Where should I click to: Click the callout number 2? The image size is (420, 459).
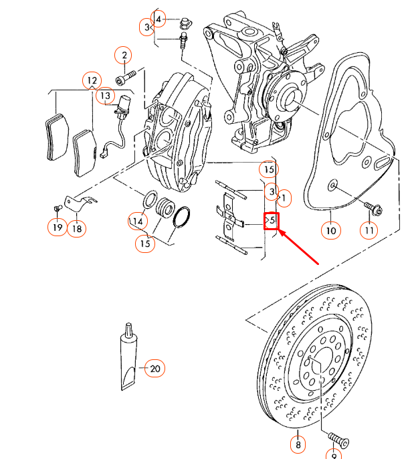[124, 55]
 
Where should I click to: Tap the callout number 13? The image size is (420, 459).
[106, 96]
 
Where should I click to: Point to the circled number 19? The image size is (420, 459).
[57, 228]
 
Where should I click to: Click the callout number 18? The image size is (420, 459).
[78, 228]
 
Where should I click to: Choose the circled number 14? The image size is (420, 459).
[138, 221]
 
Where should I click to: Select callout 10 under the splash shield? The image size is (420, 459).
[330, 231]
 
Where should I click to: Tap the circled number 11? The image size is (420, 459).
[369, 231]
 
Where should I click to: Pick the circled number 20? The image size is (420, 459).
[155, 368]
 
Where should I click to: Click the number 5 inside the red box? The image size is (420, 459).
[271, 219]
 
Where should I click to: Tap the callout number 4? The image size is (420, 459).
[159, 19]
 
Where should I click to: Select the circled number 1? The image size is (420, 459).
[284, 198]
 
